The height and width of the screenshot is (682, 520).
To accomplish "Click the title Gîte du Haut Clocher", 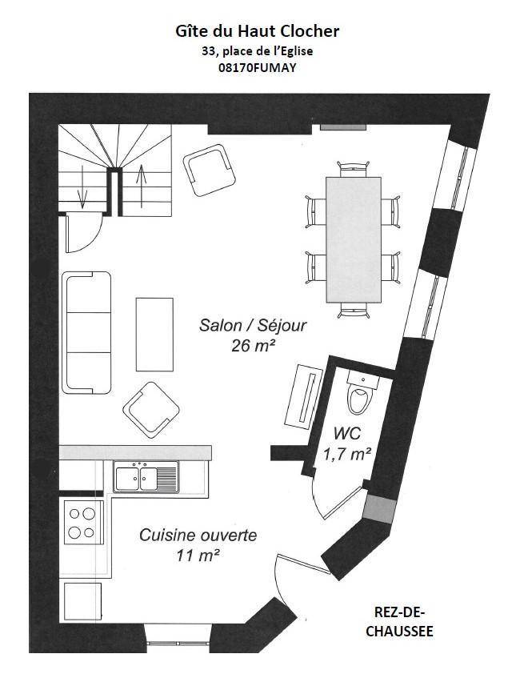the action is tap(258, 32).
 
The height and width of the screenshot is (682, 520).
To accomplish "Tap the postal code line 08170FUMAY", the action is tap(258, 68).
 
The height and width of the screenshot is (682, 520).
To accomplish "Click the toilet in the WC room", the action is tap(361, 393).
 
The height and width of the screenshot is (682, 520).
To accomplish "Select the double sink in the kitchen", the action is tap(146, 477).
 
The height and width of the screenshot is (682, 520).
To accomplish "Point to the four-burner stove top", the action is tap(83, 523).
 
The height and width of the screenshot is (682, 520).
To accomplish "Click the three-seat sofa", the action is tap(86, 333).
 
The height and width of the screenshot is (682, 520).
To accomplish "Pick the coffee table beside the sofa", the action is tap(154, 335).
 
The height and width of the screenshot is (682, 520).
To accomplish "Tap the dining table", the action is tap(354, 239).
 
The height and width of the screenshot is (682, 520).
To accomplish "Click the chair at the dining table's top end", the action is tap(354, 168).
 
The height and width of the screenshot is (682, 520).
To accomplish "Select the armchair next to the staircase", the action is tap(209, 170).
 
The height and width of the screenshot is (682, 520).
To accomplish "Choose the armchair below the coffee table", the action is tap(151, 410).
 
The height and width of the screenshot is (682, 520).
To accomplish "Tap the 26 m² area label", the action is tap(254, 346).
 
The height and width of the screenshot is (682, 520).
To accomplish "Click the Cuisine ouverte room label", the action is tap(198, 535).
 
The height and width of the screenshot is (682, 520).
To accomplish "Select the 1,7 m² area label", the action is tap(347, 455).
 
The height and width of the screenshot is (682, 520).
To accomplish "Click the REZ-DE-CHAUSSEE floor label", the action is tap(399, 622).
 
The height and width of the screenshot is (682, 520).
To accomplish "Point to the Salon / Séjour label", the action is tap(253, 325).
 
